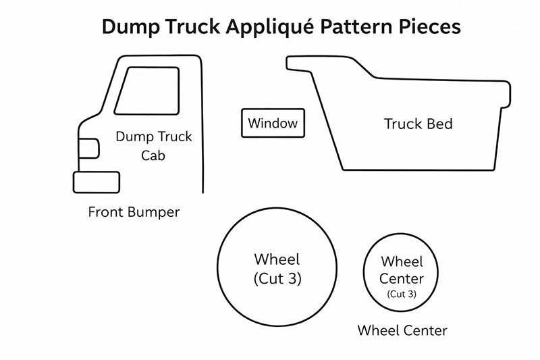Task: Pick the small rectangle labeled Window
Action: click(273, 124)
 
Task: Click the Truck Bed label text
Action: click(418, 124)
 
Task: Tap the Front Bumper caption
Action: click(134, 212)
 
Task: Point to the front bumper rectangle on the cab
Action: click(97, 182)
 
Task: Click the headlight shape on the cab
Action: click(89, 148)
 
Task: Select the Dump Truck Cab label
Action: click(154, 146)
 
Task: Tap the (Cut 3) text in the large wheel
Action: click(277, 278)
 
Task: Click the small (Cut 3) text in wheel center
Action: click(402, 294)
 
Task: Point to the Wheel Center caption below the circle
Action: click(402, 330)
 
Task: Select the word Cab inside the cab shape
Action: click(153, 156)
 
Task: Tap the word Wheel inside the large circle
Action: click(277, 259)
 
